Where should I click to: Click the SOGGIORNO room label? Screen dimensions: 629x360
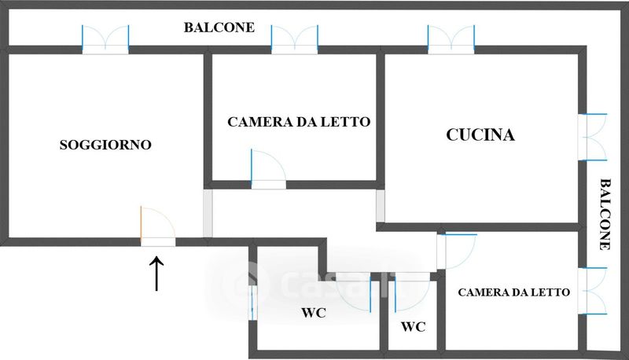105,145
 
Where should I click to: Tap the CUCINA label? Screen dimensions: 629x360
480,134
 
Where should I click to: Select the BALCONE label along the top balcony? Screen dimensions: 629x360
219,28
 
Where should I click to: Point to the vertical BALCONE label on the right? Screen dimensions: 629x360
605,215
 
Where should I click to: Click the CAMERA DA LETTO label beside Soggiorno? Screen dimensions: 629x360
299,122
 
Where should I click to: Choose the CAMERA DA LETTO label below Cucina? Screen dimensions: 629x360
514,292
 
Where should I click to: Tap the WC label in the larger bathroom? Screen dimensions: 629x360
314,313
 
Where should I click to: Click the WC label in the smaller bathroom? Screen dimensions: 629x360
414,327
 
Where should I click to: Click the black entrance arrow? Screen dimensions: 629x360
156,274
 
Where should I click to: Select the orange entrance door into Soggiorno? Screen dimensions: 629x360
158,226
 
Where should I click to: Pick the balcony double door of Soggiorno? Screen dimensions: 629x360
105,39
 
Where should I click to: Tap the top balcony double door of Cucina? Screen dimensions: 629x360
451,39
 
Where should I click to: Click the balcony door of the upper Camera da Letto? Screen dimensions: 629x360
295,39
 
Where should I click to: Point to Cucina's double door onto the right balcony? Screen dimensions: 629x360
593,137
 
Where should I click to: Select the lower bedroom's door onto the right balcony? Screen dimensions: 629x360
593,291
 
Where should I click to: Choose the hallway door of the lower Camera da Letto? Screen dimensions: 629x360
457,252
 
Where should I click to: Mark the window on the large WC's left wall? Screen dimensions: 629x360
252,303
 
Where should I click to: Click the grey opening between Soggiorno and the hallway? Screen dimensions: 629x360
208,213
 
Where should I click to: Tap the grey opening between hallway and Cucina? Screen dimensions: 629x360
381,206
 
